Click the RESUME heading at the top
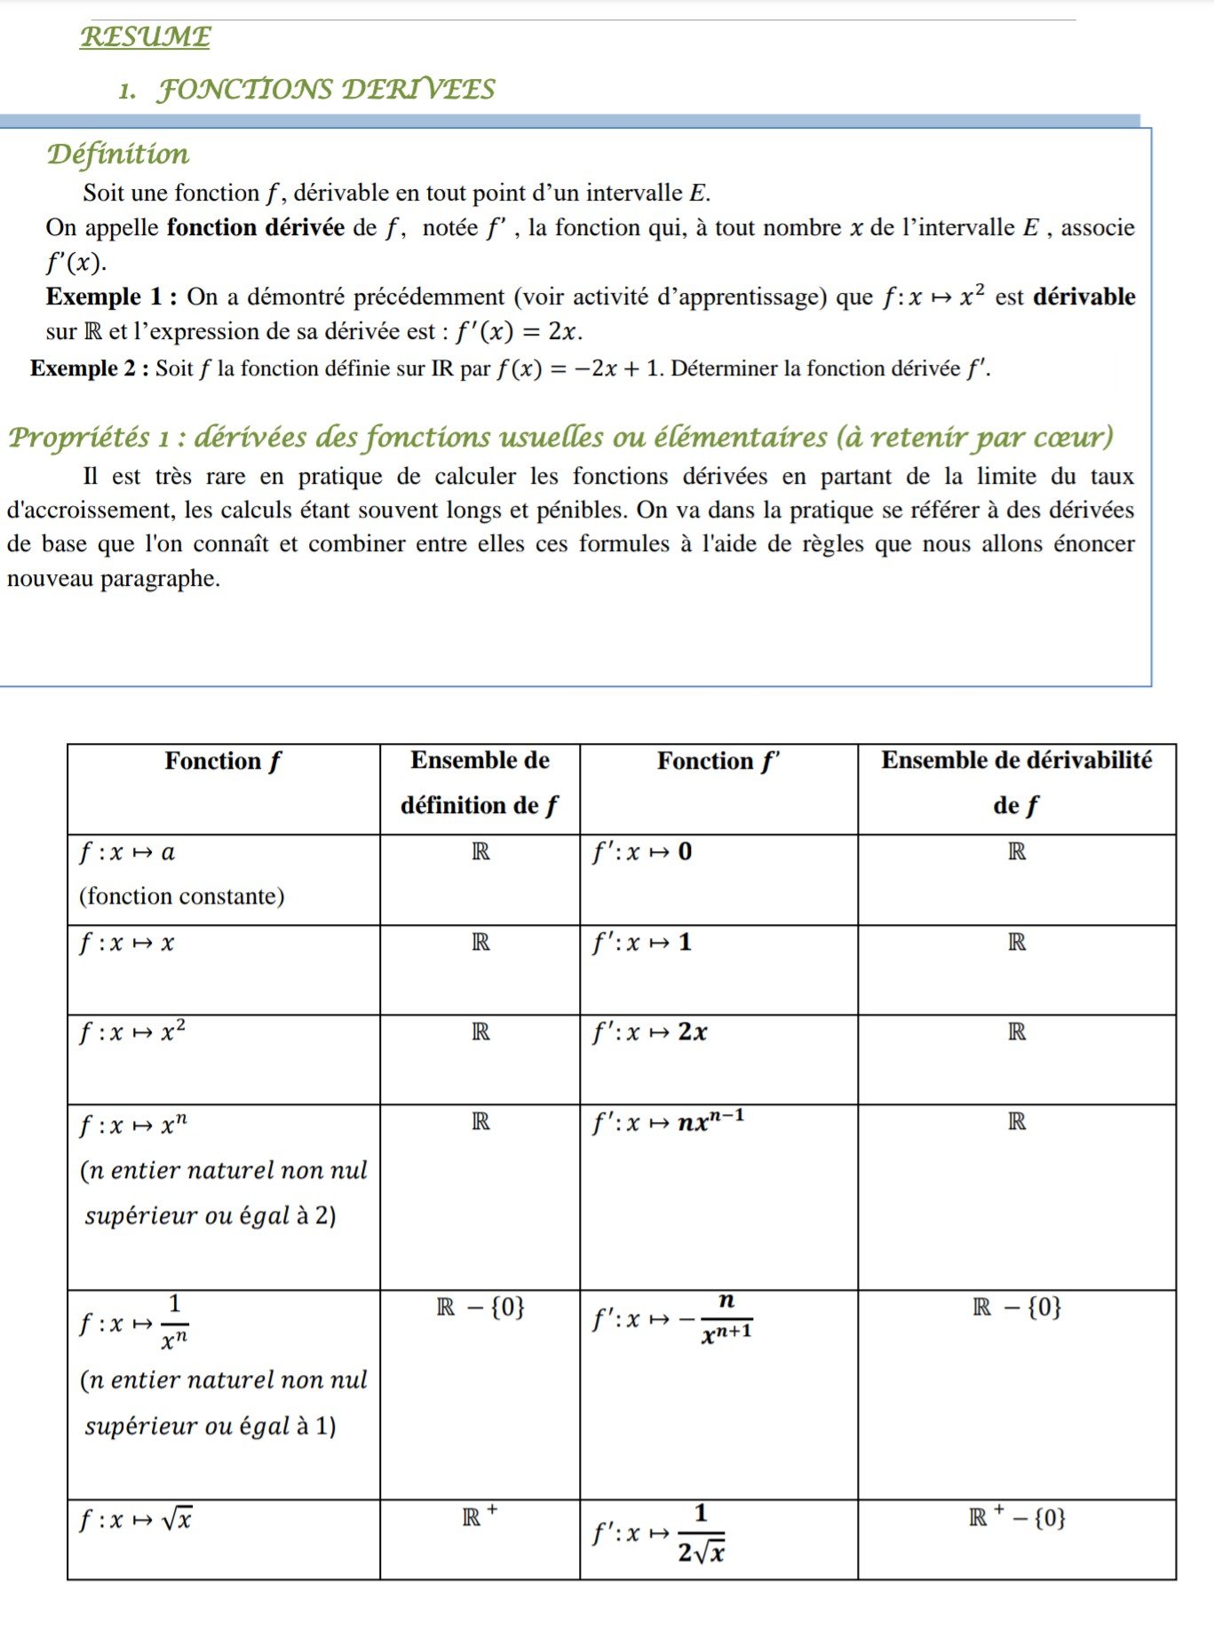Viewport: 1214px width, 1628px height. pyautogui.click(x=146, y=37)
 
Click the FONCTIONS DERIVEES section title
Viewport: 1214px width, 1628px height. pyautogui.click(x=325, y=90)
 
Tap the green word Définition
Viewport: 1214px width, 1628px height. pyautogui.click(x=118, y=154)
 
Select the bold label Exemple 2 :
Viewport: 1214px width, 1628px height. pyautogui.click(x=89, y=369)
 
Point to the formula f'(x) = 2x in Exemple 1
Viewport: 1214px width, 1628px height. pyautogui.click(x=518, y=333)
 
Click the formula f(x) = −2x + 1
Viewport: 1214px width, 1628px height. pyautogui.click(x=578, y=369)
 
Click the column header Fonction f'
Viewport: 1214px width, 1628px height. pyautogui.click(x=718, y=762)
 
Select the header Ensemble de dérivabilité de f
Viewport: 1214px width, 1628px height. pyautogui.click(x=1016, y=782)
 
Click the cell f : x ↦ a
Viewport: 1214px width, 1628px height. pyautogui.click(x=127, y=853)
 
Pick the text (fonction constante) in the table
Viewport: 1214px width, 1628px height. pyautogui.click(x=182, y=897)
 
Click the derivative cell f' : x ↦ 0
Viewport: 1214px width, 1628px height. pyautogui.click(x=642, y=852)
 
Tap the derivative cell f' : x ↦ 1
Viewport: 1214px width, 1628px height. pyautogui.click(x=642, y=943)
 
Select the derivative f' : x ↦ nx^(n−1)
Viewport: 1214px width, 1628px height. pyautogui.click(x=669, y=1121)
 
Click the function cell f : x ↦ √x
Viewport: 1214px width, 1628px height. pyautogui.click(x=136, y=1520)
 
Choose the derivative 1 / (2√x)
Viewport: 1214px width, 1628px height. pyautogui.click(x=699, y=1533)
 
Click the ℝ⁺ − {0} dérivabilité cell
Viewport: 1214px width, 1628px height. pyautogui.click(x=1017, y=1518)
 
